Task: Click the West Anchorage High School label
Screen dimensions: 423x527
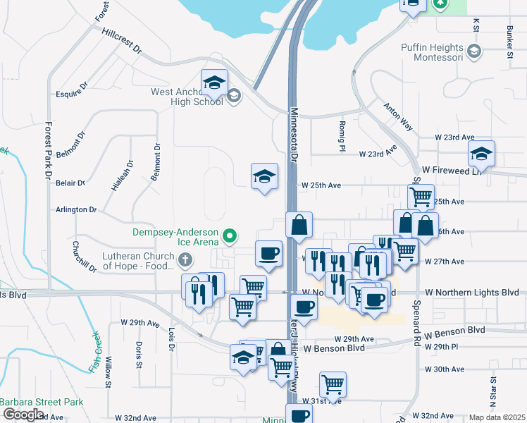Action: (x=186, y=97)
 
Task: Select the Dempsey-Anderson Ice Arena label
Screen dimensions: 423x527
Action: (x=176, y=235)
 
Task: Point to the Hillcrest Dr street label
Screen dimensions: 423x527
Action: (x=121, y=42)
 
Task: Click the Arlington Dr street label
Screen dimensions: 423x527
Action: (x=77, y=210)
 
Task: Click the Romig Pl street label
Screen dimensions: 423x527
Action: (x=341, y=130)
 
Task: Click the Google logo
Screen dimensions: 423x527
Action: (x=23, y=415)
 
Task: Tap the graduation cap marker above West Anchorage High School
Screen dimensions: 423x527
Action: (x=214, y=83)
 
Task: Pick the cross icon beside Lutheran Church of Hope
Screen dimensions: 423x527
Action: (x=185, y=260)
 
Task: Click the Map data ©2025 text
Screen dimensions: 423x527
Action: (x=495, y=417)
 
